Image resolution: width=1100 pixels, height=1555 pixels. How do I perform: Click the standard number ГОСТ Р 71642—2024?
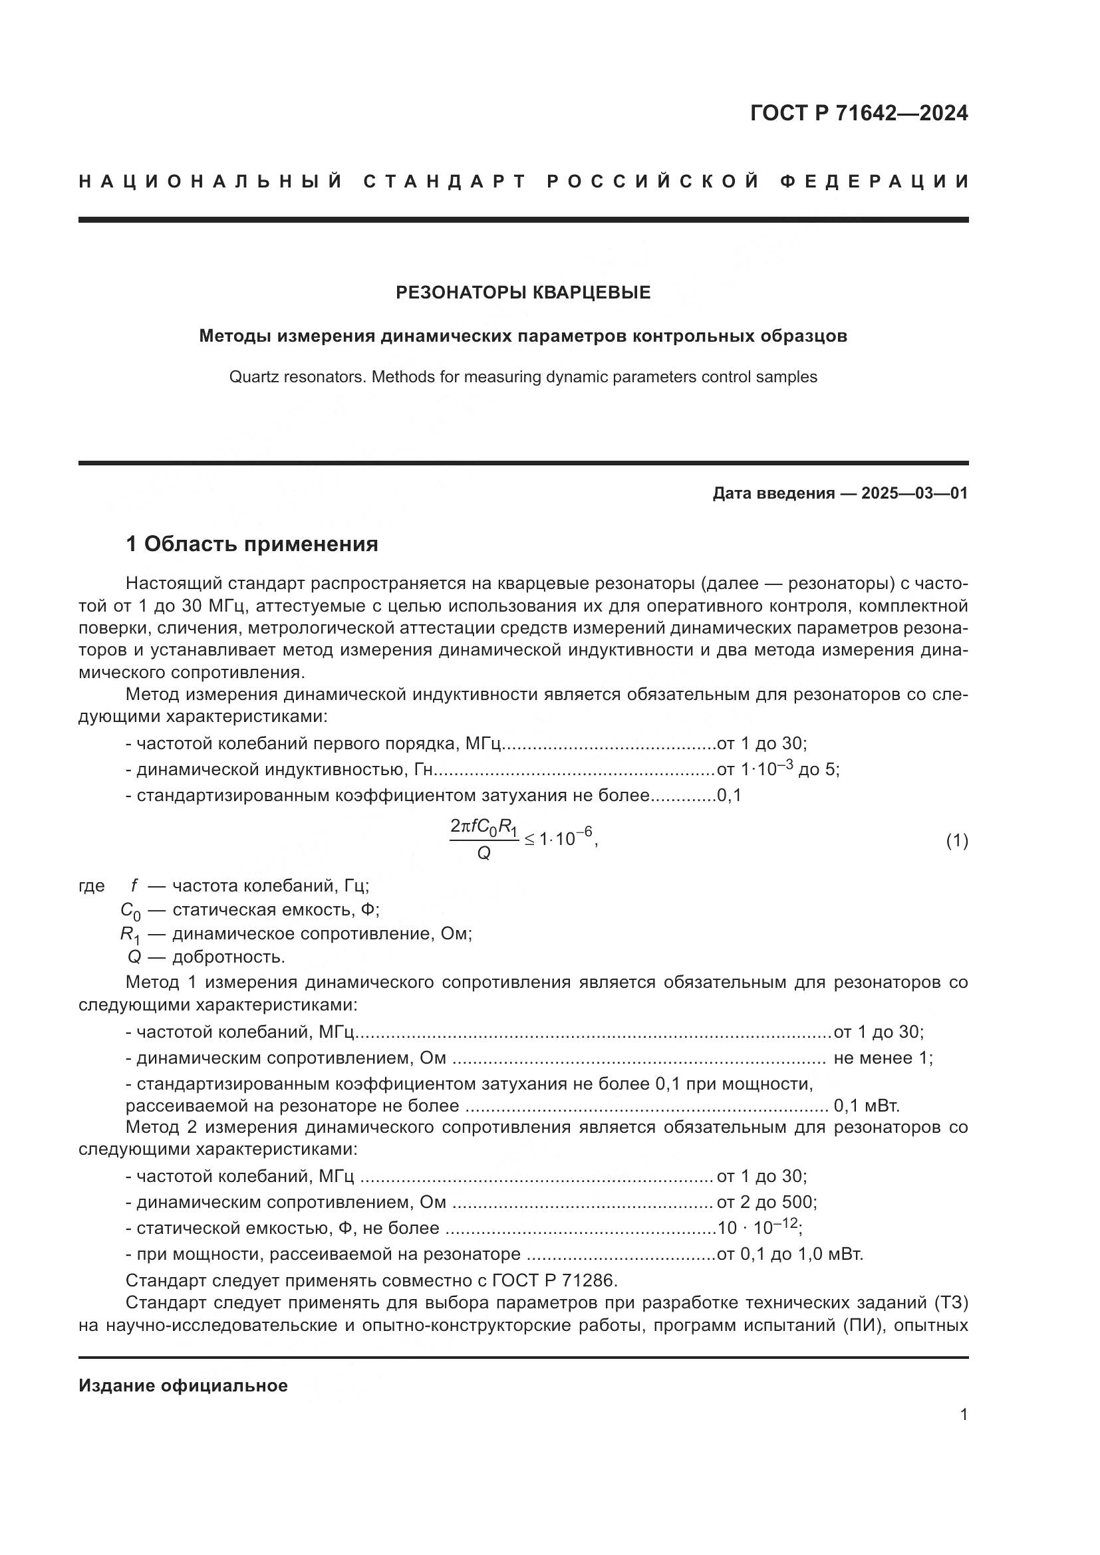pyautogui.click(x=858, y=113)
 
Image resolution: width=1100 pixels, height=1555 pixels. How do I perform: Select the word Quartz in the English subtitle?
pyautogui.click(x=251, y=377)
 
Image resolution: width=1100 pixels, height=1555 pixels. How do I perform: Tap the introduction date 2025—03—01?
pyautogui.click(x=914, y=493)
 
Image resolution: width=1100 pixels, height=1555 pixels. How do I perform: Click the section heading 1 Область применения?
pyautogui.click(x=252, y=544)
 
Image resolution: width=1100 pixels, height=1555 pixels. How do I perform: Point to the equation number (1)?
pyautogui.click(x=956, y=841)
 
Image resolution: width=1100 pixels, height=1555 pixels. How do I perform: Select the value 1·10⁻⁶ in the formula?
pyautogui.click(x=567, y=840)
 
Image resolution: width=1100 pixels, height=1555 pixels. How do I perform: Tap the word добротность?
pyautogui.click(x=228, y=957)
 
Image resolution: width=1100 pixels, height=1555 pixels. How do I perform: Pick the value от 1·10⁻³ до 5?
pyautogui.click(x=777, y=769)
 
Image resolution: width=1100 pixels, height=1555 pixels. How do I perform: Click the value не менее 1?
pyautogui.click(x=883, y=1058)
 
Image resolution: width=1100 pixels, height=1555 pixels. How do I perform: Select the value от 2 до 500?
pyautogui.click(x=766, y=1202)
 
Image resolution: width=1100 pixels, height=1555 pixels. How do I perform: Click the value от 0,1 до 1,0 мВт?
pyautogui.click(x=790, y=1254)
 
